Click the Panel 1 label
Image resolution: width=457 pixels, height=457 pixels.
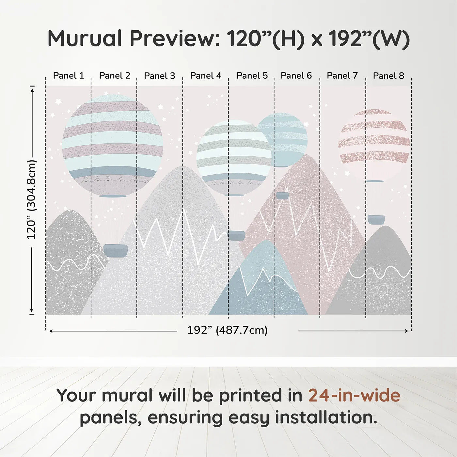click(69, 76)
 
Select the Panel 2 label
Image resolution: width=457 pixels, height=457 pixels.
click(115, 76)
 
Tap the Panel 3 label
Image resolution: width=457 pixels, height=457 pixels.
click(160, 76)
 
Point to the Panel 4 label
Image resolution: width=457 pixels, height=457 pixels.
click(206, 76)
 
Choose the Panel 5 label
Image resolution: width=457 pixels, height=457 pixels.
click(252, 76)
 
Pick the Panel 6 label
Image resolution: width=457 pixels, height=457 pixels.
click(296, 76)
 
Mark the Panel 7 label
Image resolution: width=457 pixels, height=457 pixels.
click(342, 76)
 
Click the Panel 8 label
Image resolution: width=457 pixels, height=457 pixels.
click(388, 76)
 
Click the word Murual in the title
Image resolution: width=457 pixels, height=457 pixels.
click(85, 39)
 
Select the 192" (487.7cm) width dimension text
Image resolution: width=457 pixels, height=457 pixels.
click(227, 330)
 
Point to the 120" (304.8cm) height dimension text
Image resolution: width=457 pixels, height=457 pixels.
click(32, 200)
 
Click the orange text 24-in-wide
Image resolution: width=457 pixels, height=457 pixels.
click(354, 395)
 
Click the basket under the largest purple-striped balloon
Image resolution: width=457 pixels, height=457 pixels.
click(116, 251)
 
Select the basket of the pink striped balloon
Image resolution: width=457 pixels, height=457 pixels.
click(376, 219)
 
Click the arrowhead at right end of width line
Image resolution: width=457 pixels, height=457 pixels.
click(406, 331)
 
